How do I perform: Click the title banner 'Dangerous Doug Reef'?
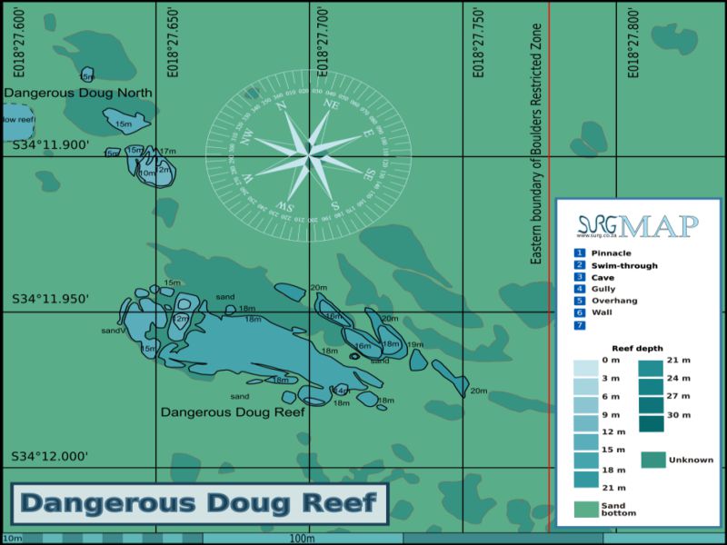[199, 503]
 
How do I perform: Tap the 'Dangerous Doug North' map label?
[78, 93]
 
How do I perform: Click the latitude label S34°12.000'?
[50, 456]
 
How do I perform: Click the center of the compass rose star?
[309, 156]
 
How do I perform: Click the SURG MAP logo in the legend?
[638, 225]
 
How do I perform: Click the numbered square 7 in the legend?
[579, 324]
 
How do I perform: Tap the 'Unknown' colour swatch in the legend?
[653, 460]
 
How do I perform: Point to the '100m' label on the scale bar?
[303, 539]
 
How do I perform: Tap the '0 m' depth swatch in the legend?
[586, 368]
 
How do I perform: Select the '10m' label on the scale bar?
[12, 539]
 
